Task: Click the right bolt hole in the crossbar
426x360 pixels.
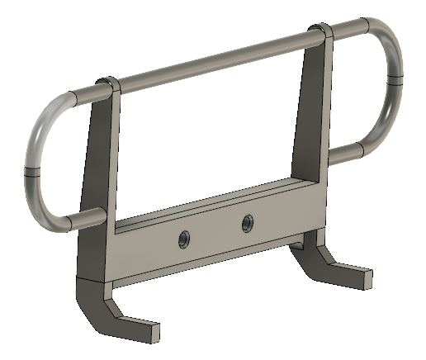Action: (x=246, y=222)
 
